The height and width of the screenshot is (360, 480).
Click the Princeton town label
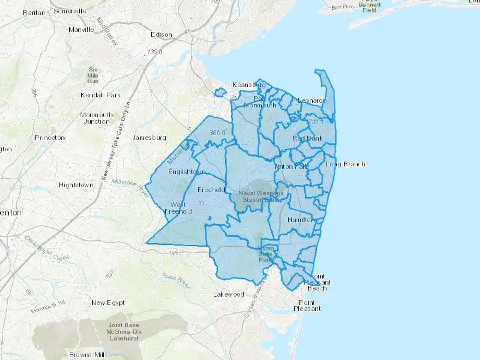click(50, 138)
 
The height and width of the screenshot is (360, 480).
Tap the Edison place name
click(161, 35)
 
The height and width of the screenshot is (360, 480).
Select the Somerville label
click(70, 11)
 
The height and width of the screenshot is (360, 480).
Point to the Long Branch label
click(345, 164)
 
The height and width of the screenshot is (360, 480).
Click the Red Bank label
click(307, 138)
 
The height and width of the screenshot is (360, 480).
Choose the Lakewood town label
click(229, 294)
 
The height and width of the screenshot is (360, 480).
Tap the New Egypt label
click(108, 303)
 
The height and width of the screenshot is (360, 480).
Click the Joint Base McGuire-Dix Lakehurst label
click(124, 332)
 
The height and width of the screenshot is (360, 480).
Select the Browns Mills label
click(89, 355)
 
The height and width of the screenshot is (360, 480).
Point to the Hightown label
click(76, 185)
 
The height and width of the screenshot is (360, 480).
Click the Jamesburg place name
click(149, 138)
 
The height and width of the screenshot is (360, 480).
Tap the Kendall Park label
click(101, 95)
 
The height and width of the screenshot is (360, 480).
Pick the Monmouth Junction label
click(97, 118)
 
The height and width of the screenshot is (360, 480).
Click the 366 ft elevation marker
click(217, 133)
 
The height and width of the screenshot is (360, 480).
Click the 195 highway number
click(174, 253)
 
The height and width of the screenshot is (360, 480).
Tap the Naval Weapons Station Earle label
click(261, 197)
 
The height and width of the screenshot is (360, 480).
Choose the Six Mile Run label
click(93, 75)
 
